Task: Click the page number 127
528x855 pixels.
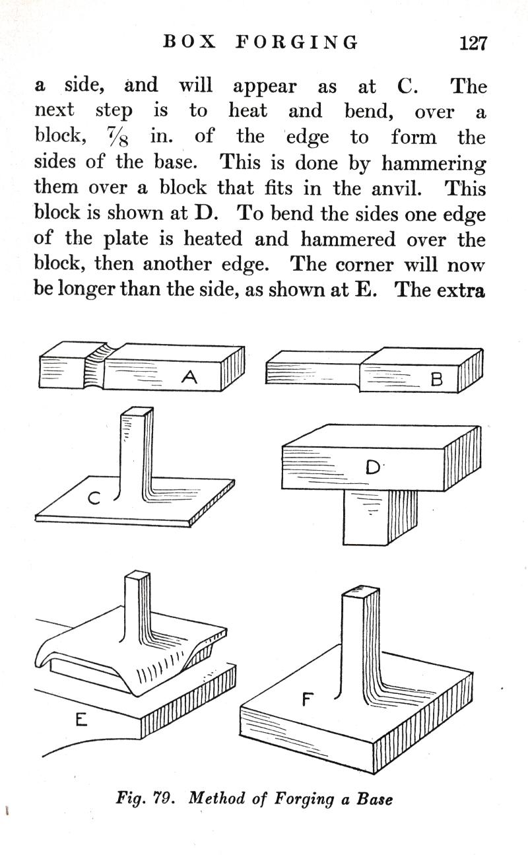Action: tap(473, 44)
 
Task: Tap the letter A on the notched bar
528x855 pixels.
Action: tap(189, 378)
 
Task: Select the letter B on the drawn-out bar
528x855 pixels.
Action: tap(436, 380)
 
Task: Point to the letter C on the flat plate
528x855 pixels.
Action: tap(94, 500)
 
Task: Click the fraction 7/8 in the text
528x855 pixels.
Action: tap(120, 137)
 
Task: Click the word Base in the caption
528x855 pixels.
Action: tap(374, 798)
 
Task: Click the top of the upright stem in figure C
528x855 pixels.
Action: tap(137, 413)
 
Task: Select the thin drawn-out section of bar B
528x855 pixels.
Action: tap(310, 374)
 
